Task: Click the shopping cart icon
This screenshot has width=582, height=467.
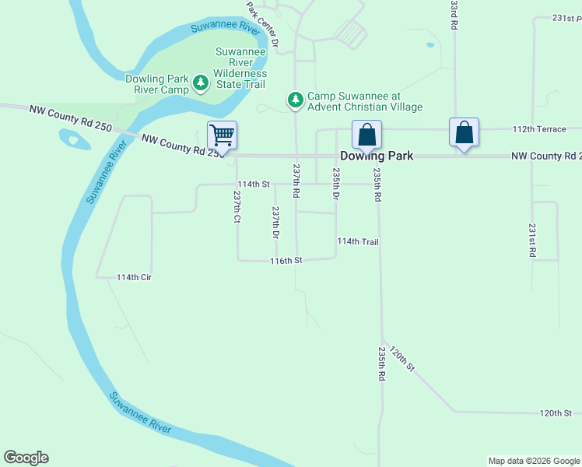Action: coord(223,135)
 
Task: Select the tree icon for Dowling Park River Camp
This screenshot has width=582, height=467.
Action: coord(201,82)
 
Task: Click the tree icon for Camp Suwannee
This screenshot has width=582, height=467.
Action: coord(295,100)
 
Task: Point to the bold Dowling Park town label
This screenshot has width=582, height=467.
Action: coord(377,156)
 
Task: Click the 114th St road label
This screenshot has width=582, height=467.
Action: coord(253,184)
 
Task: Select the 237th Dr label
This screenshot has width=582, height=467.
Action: coord(275,222)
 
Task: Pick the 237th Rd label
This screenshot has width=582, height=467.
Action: coord(296,180)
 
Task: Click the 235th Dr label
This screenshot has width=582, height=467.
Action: coord(336,184)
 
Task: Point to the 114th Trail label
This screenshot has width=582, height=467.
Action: coord(358,242)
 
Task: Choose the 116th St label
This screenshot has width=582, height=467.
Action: coord(286,260)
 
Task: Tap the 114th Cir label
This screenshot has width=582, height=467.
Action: coord(133,277)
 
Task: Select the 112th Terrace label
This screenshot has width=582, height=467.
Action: coord(537,128)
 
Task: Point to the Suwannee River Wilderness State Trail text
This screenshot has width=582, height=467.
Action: coord(240,68)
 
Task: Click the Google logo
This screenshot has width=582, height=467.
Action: coord(26,458)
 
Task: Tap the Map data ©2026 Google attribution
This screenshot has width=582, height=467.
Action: coord(533,461)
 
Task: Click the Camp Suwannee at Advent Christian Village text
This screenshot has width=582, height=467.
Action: coord(365,101)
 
